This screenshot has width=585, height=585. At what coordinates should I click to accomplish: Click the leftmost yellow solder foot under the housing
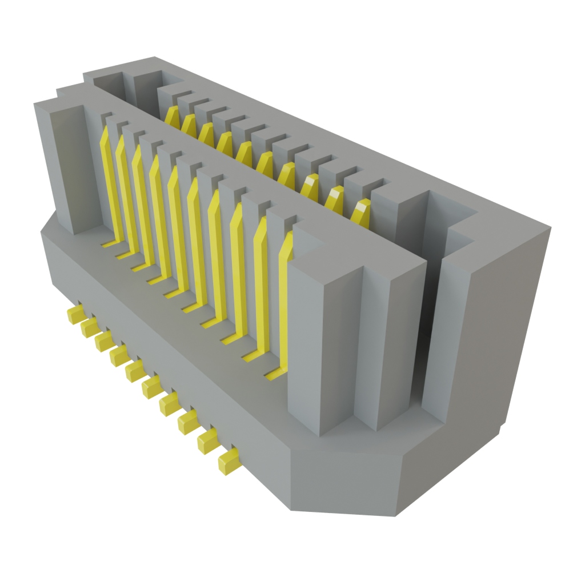(75, 315)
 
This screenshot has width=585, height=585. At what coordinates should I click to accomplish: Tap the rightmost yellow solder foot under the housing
(228, 461)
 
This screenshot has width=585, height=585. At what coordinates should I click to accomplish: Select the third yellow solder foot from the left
(104, 341)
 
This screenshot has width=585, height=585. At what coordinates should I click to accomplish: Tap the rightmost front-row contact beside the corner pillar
(284, 297)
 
